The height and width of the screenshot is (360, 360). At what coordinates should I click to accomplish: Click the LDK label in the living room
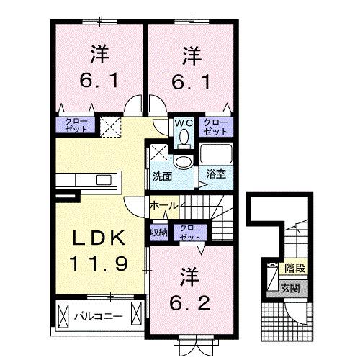pos(99,239)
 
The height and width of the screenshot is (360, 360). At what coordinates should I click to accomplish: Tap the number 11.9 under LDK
pos(99,263)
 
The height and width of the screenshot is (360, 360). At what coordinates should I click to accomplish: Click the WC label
pos(182,123)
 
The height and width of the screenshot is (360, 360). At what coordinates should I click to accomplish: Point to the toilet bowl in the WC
pos(183,135)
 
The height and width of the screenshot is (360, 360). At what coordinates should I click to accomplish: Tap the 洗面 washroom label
pos(162,175)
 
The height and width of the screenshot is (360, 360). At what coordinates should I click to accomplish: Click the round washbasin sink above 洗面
pos(184,161)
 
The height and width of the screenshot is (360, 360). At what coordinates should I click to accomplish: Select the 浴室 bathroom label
pos(215,174)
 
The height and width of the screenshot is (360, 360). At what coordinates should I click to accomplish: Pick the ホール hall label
pos(164,206)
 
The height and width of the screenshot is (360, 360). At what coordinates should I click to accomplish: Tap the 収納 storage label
pos(158,232)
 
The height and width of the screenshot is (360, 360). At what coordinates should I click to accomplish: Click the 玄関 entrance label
pos(292,289)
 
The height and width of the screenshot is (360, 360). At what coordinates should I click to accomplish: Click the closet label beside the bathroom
pos(215,127)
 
